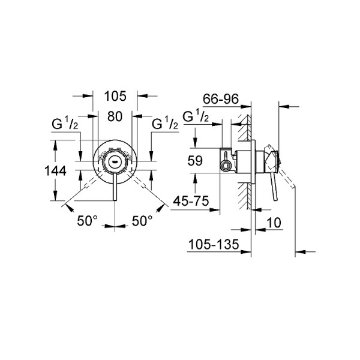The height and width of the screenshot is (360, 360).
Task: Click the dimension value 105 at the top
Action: pos(115,95)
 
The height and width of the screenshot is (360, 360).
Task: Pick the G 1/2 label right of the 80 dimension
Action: pos(164,125)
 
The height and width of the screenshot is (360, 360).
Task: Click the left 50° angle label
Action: pos(87,221)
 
